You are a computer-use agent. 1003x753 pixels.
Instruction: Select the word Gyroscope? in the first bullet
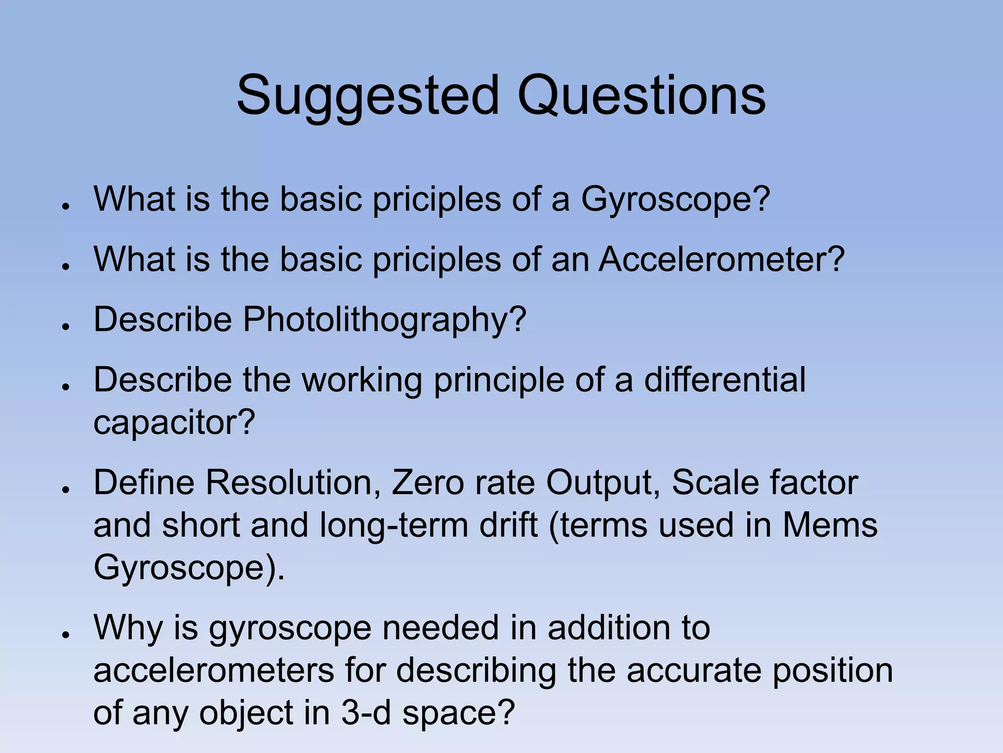(x=675, y=200)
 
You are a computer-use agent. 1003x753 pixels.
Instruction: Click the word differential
(x=724, y=380)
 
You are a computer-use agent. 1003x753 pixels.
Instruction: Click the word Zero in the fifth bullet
(x=427, y=483)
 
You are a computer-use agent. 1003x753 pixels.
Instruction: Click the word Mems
(x=830, y=526)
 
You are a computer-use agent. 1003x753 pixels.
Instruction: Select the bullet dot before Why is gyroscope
(x=65, y=634)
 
